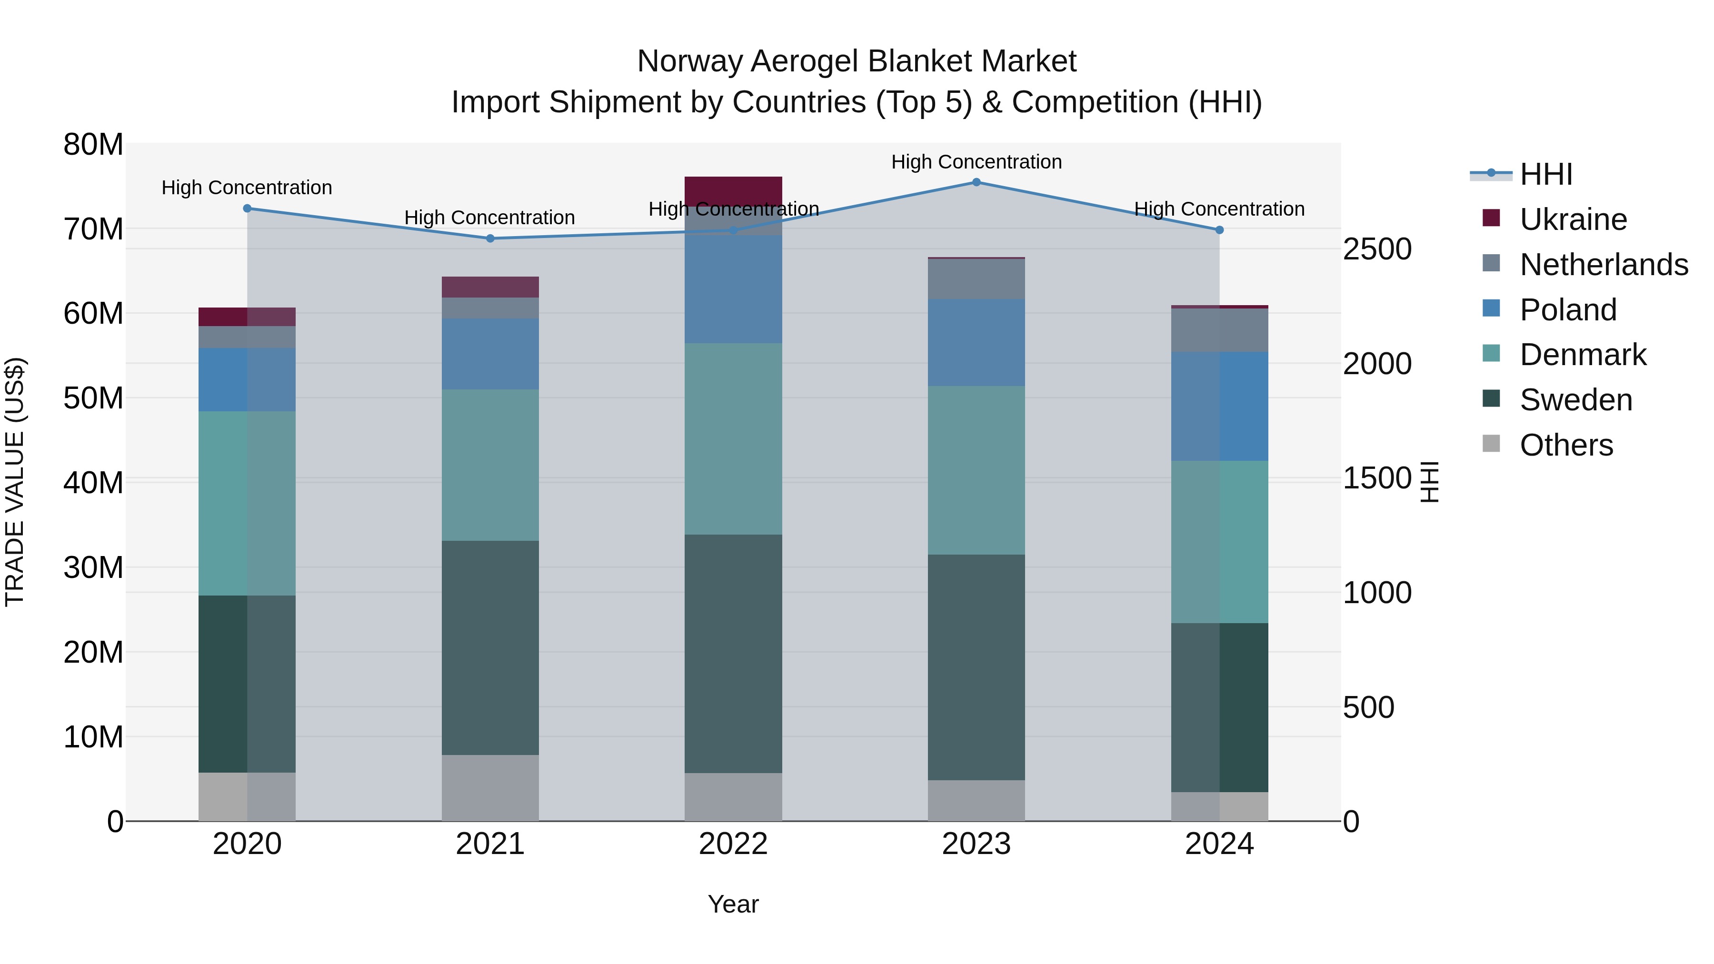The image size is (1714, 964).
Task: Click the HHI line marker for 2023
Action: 976,182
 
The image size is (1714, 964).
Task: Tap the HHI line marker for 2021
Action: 490,238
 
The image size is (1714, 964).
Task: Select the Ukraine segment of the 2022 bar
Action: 733,191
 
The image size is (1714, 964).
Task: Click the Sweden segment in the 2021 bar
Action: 490,647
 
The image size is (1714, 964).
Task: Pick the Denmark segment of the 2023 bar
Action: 976,470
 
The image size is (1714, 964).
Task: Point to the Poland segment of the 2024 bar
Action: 1219,407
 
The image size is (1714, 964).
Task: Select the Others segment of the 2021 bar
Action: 490,788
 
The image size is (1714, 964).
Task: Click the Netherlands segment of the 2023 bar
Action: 976,279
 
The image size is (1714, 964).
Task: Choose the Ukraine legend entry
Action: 1574,219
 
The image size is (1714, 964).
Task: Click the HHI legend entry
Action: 1545,174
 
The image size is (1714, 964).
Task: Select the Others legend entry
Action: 1566,445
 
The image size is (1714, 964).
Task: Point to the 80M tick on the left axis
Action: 93,144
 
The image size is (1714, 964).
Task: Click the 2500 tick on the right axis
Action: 1376,249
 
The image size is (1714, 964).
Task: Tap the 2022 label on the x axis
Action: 733,844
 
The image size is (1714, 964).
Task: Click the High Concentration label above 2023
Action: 976,162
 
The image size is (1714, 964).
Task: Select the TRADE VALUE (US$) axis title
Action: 15,482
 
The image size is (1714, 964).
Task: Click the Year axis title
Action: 733,904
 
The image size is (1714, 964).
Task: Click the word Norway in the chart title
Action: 689,61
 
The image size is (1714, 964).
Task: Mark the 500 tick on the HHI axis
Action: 1368,707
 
